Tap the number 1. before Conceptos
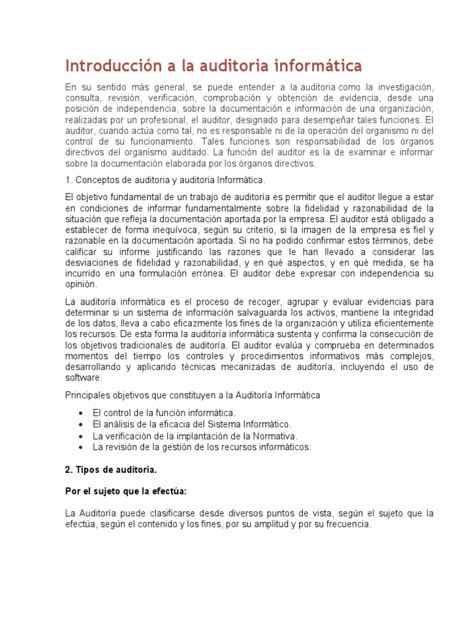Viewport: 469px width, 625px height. (x=68, y=180)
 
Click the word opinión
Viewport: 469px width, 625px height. (x=81, y=284)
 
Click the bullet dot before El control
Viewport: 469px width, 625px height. (x=81, y=413)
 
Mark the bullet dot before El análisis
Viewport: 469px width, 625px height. (x=81, y=424)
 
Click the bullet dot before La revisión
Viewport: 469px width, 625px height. (x=81, y=447)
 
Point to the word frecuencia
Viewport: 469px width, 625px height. (x=345, y=524)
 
